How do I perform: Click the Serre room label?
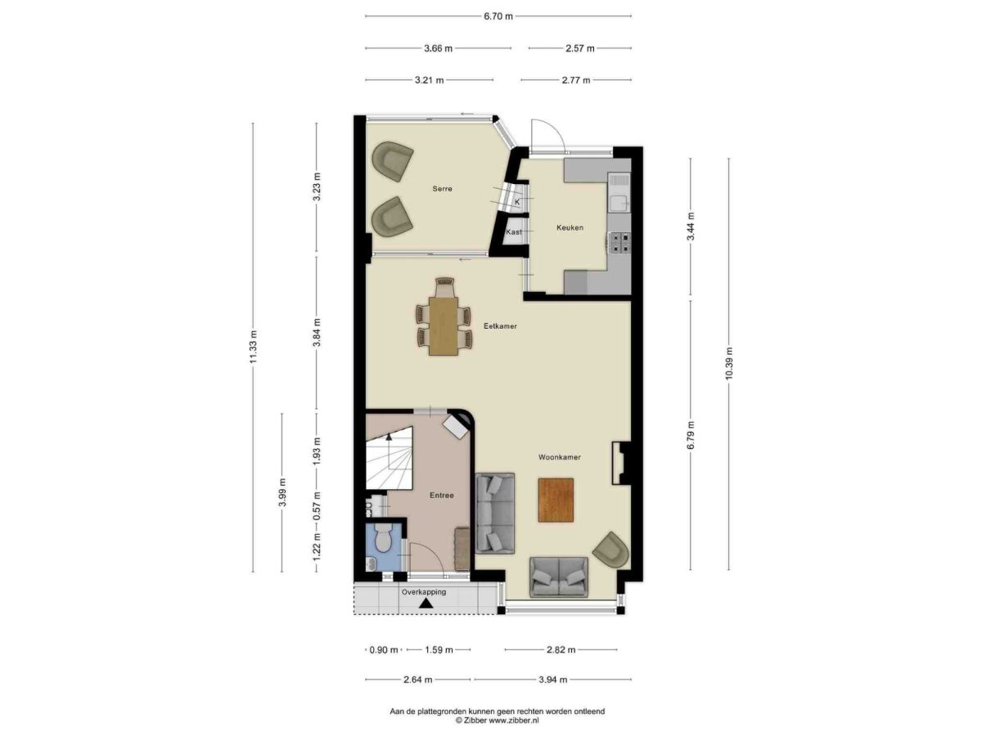pyautogui.click(x=442, y=189)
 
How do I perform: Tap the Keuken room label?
pyautogui.click(x=569, y=228)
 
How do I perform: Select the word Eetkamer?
pyautogui.click(x=500, y=326)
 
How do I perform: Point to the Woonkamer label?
pyautogui.click(x=559, y=457)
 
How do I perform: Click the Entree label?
pyautogui.click(x=441, y=495)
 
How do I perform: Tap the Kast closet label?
pyautogui.click(x=514, y=232)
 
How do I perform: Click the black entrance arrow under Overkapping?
pyautogui.click(x=426, y=604)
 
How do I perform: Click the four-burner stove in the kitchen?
pyautogui.click(x=619, y=244)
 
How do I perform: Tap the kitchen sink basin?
pyautogui.click(x=618, y=204)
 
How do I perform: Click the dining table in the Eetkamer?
pyautogui.click(x=443, y=326)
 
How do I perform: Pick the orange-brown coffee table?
pyautogui.click(x=555, y=500)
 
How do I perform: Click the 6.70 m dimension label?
pyautogui.click(x=498, y=16)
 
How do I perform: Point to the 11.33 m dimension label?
pyautogui.click(x=253, y=347)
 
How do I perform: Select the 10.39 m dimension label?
pyautogui.click(x=729, y=363)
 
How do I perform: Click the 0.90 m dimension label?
pyautogui.click(x=384, y=650)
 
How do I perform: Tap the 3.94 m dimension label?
pyautogui.click(x=553, y=680)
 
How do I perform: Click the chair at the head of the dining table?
pyautogui.click(x=444, y=287)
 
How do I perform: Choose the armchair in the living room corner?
pyautogui.click(x=611, y=550)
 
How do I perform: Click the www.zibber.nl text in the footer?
pyautogui.click(x=514, y=720)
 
